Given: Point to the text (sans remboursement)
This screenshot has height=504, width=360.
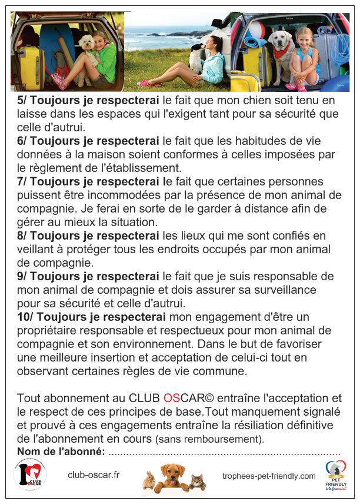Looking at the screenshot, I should click(209, 439).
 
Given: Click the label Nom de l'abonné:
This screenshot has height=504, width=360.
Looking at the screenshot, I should click(61, 452).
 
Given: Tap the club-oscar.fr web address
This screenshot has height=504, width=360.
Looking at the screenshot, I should click(94, 475).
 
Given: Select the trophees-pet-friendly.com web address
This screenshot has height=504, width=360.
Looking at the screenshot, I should click(269, 476).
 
